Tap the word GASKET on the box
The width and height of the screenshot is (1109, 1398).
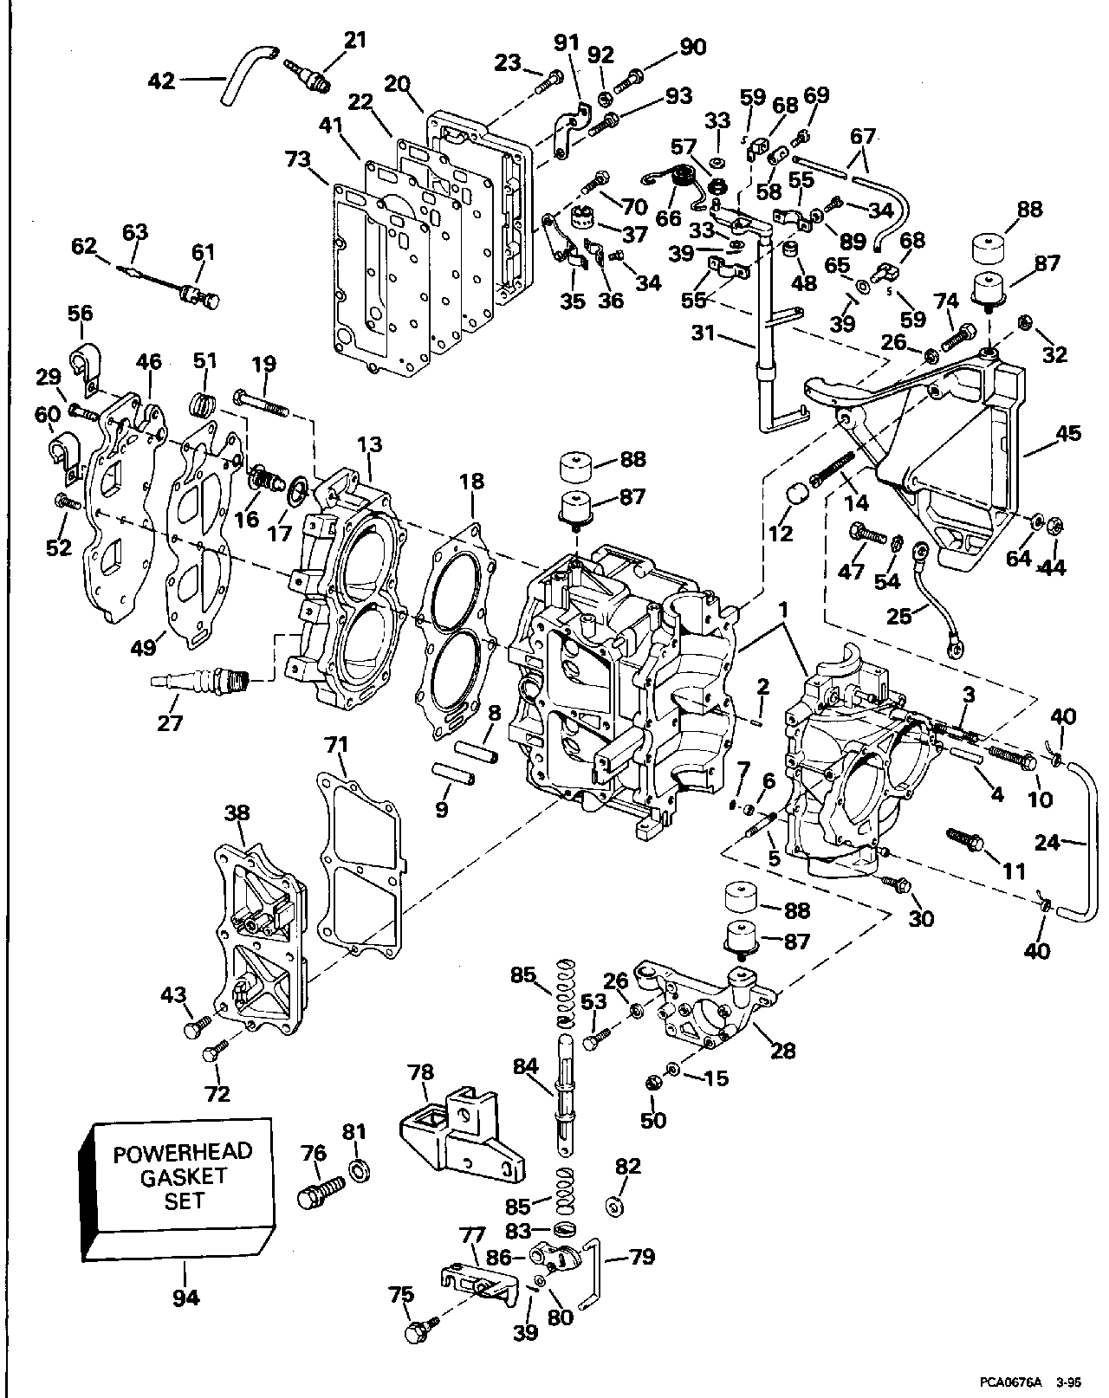pos(184,1176)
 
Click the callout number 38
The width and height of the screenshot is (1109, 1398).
pos(237,812)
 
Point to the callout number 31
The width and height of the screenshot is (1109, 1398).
pos(703,333)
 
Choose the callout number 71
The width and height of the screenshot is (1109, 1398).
pos(336,745)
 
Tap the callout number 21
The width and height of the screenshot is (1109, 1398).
pos(355,40)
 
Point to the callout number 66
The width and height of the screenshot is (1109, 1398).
pos(668,218)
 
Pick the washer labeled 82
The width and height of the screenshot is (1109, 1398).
pos(612,1207)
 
